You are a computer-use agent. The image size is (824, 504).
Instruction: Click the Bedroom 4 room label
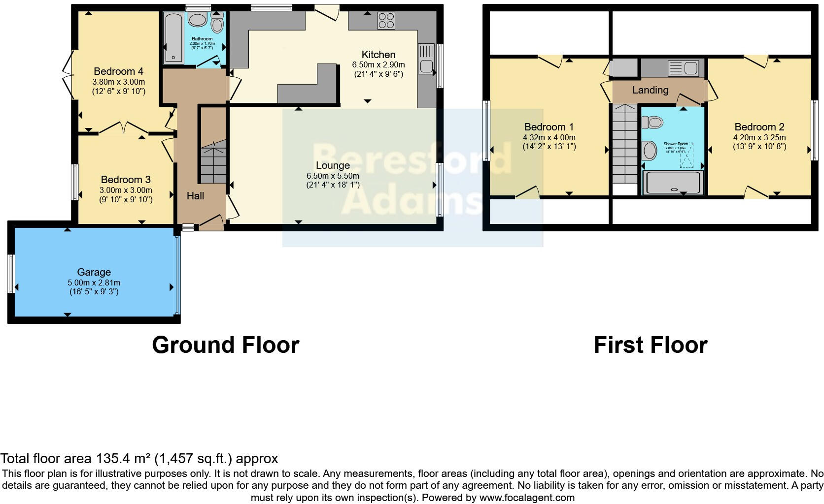click(x=114, y=71)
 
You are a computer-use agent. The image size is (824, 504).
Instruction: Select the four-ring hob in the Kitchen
click(x=386, y=21)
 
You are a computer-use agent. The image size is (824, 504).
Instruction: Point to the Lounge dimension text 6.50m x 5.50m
click(x=333, y=176)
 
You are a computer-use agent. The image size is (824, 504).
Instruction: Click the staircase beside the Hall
click(x=213, y=162)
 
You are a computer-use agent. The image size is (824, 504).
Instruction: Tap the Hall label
click(x=195, y=196)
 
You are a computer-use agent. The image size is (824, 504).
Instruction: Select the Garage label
click(x=94, y=272)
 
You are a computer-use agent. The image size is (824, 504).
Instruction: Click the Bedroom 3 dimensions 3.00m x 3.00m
click(x=126, y=190)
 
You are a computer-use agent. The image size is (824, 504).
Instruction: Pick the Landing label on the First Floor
click(x=650, y=90)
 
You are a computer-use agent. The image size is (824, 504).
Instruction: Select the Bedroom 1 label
click(x=549, y=127)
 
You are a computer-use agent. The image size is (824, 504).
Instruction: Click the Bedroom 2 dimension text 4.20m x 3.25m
click(x=759, y=137)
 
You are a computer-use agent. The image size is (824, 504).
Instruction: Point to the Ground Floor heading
click(x=225, y=345)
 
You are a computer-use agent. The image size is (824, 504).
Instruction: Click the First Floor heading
click(x=650, y=345)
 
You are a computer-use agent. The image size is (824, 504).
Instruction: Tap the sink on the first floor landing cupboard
click(x=683, y=68)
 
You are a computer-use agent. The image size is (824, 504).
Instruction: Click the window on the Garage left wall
click(x=11, y=274)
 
